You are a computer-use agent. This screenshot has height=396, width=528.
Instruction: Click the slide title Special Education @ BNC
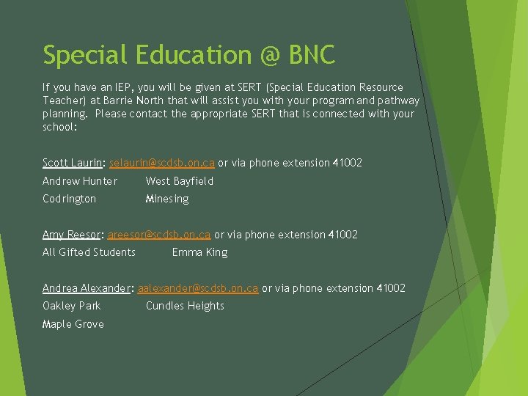coord(188,55)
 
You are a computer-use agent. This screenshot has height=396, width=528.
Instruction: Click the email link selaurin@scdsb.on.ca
coord(161,163)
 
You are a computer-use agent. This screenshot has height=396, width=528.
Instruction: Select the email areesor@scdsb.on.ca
coord(159,235)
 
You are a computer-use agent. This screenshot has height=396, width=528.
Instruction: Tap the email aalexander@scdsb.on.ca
coord(198,288)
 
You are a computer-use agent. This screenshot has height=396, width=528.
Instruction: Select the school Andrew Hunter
coord(79,181)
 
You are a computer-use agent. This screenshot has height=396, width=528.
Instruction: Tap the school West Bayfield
coord(180,181)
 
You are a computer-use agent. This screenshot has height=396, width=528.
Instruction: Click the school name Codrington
coord(69,199)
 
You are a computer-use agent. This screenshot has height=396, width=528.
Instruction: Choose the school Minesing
coord(167,199)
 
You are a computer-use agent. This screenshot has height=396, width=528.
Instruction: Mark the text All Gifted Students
coord(89,252)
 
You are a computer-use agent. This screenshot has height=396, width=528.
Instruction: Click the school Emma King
coord(199,252)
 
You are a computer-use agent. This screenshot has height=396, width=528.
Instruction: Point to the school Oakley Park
coord(71,306)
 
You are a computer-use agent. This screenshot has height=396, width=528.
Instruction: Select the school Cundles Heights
coord(185,306)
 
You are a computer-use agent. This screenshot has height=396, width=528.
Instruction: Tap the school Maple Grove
coord(73,324)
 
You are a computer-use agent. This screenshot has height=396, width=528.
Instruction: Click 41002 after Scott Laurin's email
coord(348,163)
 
